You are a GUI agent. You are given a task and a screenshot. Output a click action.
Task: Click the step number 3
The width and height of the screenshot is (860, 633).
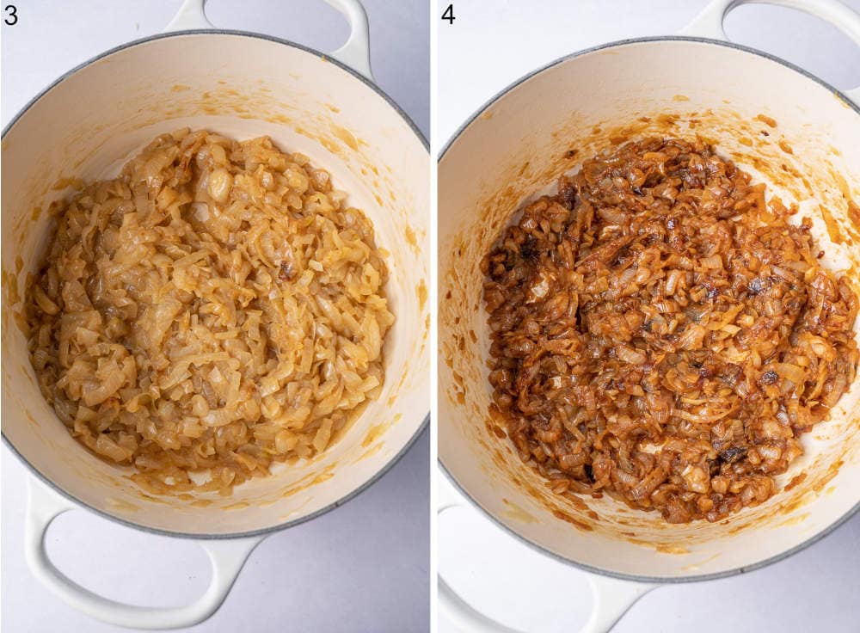(x=10, y=15)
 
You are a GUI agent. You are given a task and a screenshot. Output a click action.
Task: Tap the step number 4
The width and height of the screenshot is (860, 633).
(x=448, y=15)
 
